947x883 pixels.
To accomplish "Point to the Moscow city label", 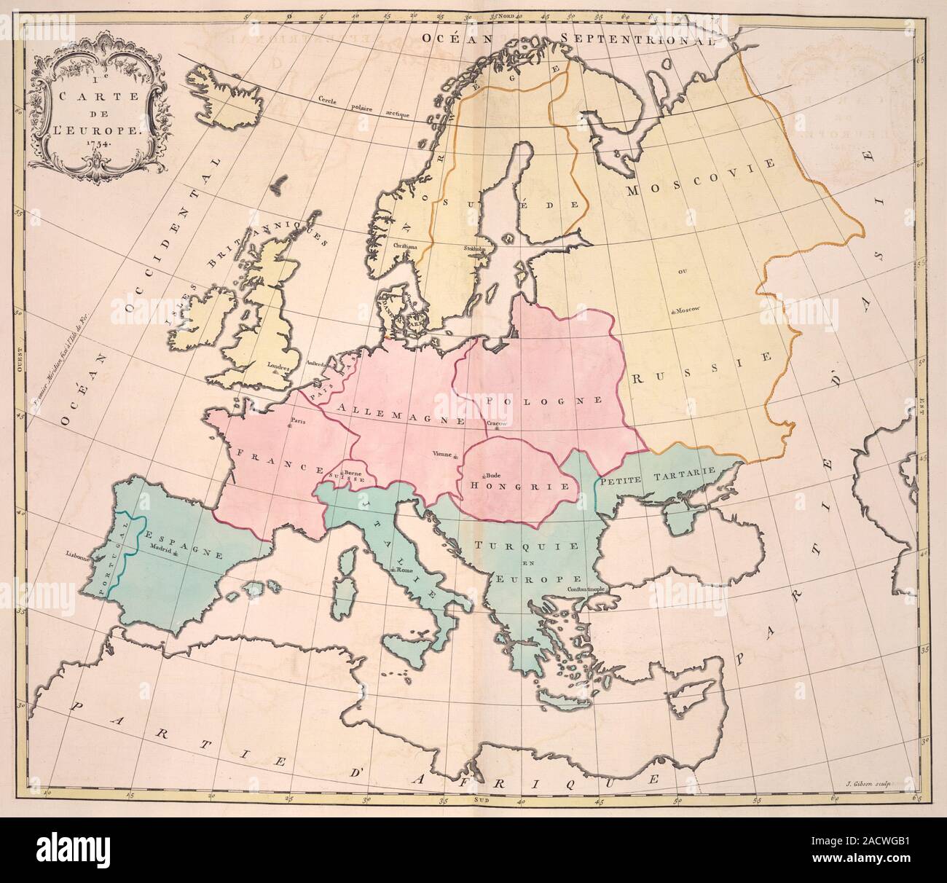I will coord(686,310).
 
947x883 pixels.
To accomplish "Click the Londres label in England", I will coord(279,367).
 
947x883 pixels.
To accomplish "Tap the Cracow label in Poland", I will coord(495,423).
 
